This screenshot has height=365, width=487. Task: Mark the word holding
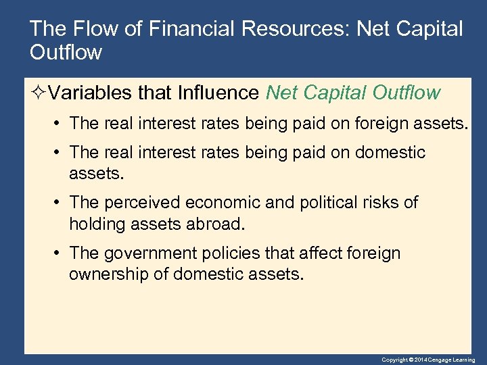tap(95, 223)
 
